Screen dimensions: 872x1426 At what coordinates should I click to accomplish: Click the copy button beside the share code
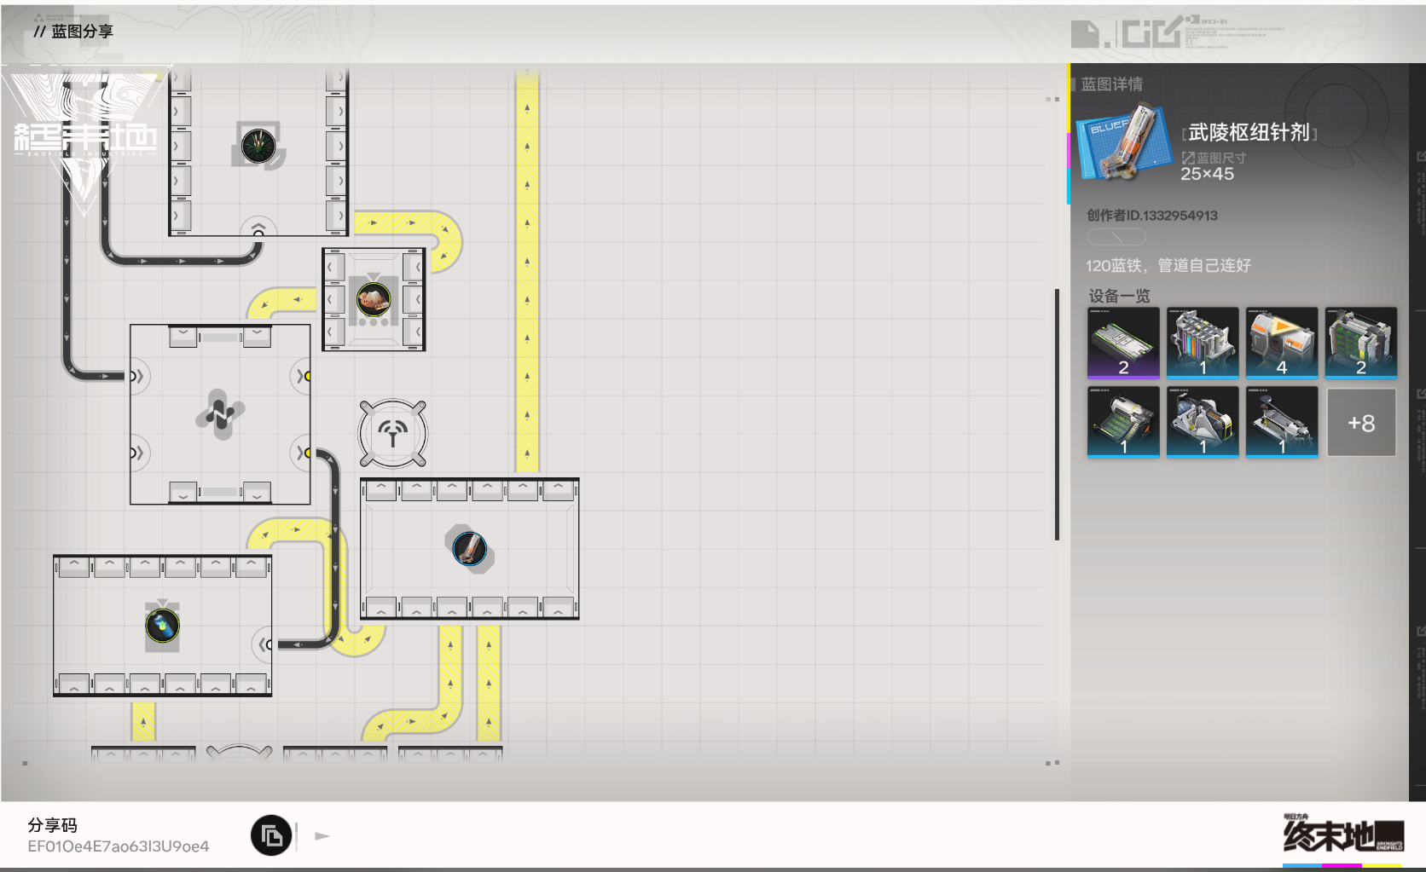pyautogui.click(x=271, y=836)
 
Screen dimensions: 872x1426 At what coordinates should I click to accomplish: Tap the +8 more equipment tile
pyautogui.click(x=1361, y=423)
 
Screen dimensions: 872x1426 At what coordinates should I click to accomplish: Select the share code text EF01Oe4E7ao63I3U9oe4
pyautogui.click(x=118, y=846)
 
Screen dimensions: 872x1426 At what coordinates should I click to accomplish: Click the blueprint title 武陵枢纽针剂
pyautogui.click(x=1249, y=132)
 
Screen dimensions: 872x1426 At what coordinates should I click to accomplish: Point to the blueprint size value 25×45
pyautogui.click(x=1207, y=174)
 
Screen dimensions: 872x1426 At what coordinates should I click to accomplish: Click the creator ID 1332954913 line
pyautogui.click(x=1151, y=216)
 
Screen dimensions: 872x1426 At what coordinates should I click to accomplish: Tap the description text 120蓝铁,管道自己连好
pyautogui.click(x=1168, y=266)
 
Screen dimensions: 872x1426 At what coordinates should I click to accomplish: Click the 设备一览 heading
pyautogui.click(x=1119, y=296)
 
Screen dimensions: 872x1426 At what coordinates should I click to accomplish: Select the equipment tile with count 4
pyautogui.click(x=1282, y=343)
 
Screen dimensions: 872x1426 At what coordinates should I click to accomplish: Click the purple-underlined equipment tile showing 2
pyautogui.click(x=1123, y=343)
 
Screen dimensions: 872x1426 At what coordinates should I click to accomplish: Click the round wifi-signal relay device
pyautogui.click(x=393, y=434)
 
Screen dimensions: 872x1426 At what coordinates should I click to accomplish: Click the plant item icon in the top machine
pyautogui.click(x=258, y=145)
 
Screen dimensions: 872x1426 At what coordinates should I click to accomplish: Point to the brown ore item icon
pyautogui.click(x=374, y=299)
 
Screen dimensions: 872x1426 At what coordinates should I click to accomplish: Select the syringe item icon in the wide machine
pyautogui.click(x=469, y=549)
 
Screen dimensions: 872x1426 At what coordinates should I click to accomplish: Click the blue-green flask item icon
pyautogui.click(x=162, y=626)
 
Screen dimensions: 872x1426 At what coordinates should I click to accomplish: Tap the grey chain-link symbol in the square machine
pyautogui.click(x=220, y=414)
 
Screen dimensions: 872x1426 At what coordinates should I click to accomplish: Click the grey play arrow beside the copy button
pyautogui.click(x=322, y=836)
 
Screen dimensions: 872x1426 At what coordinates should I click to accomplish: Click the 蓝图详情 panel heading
pyautogui.click(x=1111, y=84)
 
